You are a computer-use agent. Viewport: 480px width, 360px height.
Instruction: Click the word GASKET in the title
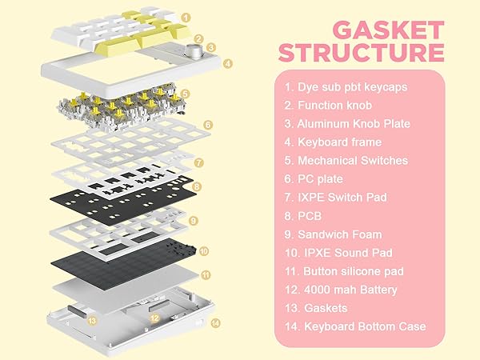tap(389, 32)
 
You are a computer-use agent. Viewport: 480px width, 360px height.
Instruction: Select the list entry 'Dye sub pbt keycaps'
tap(345, 86)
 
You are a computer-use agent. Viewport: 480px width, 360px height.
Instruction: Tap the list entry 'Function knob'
tap(333, 105)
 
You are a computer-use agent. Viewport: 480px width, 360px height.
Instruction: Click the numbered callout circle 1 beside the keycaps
tap(186, 16)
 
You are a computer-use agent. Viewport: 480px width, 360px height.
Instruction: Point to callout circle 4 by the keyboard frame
tap(228, 63)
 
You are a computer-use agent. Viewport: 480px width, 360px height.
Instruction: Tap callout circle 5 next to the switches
tap(186, 94)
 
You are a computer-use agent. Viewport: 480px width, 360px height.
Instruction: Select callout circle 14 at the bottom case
tap(214, 323)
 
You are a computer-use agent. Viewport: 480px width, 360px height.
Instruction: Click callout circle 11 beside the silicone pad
tap(206, 274)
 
